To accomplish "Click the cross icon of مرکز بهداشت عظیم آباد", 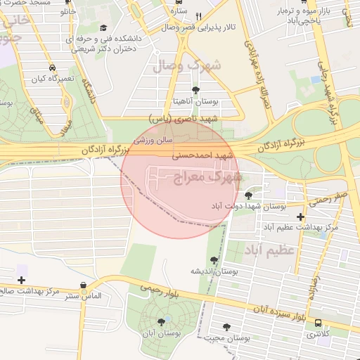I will click(x=301, y=217).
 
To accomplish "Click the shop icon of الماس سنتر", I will click(x=84, y=285).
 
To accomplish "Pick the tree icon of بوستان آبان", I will click(x=161, y=321).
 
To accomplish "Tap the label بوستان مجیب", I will click(x=229, y=338).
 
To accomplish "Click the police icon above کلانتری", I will click(x=319, y=323).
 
